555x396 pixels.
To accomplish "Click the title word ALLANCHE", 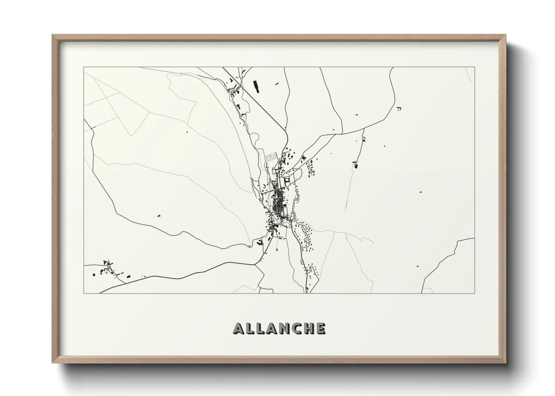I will [279, 328].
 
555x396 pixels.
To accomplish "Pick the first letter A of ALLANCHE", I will [239, 328].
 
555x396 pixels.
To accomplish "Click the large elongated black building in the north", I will [256, 86].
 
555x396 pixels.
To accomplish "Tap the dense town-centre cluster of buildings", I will [279, 202].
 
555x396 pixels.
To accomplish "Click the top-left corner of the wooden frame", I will [53, 35].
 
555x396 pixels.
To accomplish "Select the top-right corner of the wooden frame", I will [505, 35].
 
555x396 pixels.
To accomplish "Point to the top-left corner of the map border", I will [84, 67].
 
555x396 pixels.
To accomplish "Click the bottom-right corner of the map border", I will [475, 293].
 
